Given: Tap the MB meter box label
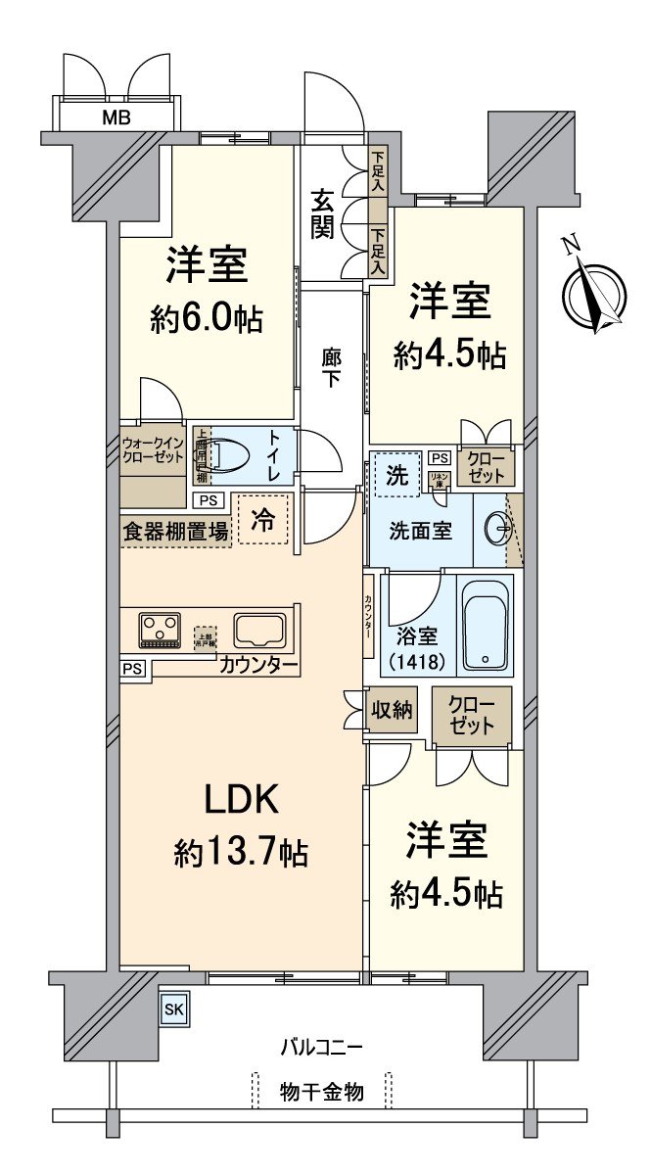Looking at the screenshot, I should coord(119,119).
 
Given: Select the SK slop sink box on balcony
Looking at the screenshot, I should coord(172,1010).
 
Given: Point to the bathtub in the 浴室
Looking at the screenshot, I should coord(486,624).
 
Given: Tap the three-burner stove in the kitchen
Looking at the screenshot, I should coord(160,629).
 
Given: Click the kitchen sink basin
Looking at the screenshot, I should coord(259,630).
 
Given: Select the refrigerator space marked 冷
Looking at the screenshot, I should coord(261,518).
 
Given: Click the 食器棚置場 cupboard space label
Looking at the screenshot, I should coord(176,532).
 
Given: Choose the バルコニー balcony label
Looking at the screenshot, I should coord(322,1047).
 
